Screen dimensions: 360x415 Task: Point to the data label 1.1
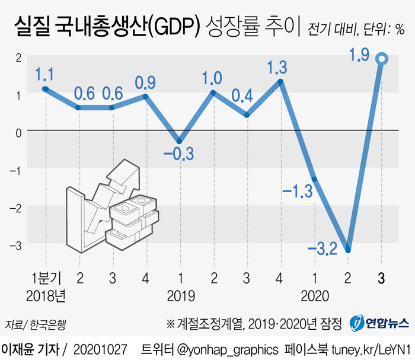click(x=46, y=74)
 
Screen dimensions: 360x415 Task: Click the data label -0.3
click(x=178, y=155)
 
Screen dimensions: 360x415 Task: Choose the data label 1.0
click(x=212, y=78)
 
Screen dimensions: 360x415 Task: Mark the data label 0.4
click(x=246, y=95)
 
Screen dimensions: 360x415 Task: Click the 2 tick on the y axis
click(x=18, y=58)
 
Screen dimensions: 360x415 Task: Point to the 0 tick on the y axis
click(x=18, y=132)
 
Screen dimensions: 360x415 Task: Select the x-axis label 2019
click(x=180, y=294)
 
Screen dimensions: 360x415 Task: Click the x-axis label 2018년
click(x=46, y=294)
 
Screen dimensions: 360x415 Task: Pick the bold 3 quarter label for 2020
click(x=381, y=276)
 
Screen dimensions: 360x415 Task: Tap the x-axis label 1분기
click(x=46, y=276)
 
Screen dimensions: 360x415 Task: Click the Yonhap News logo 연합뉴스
click(x=379, y=324)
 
